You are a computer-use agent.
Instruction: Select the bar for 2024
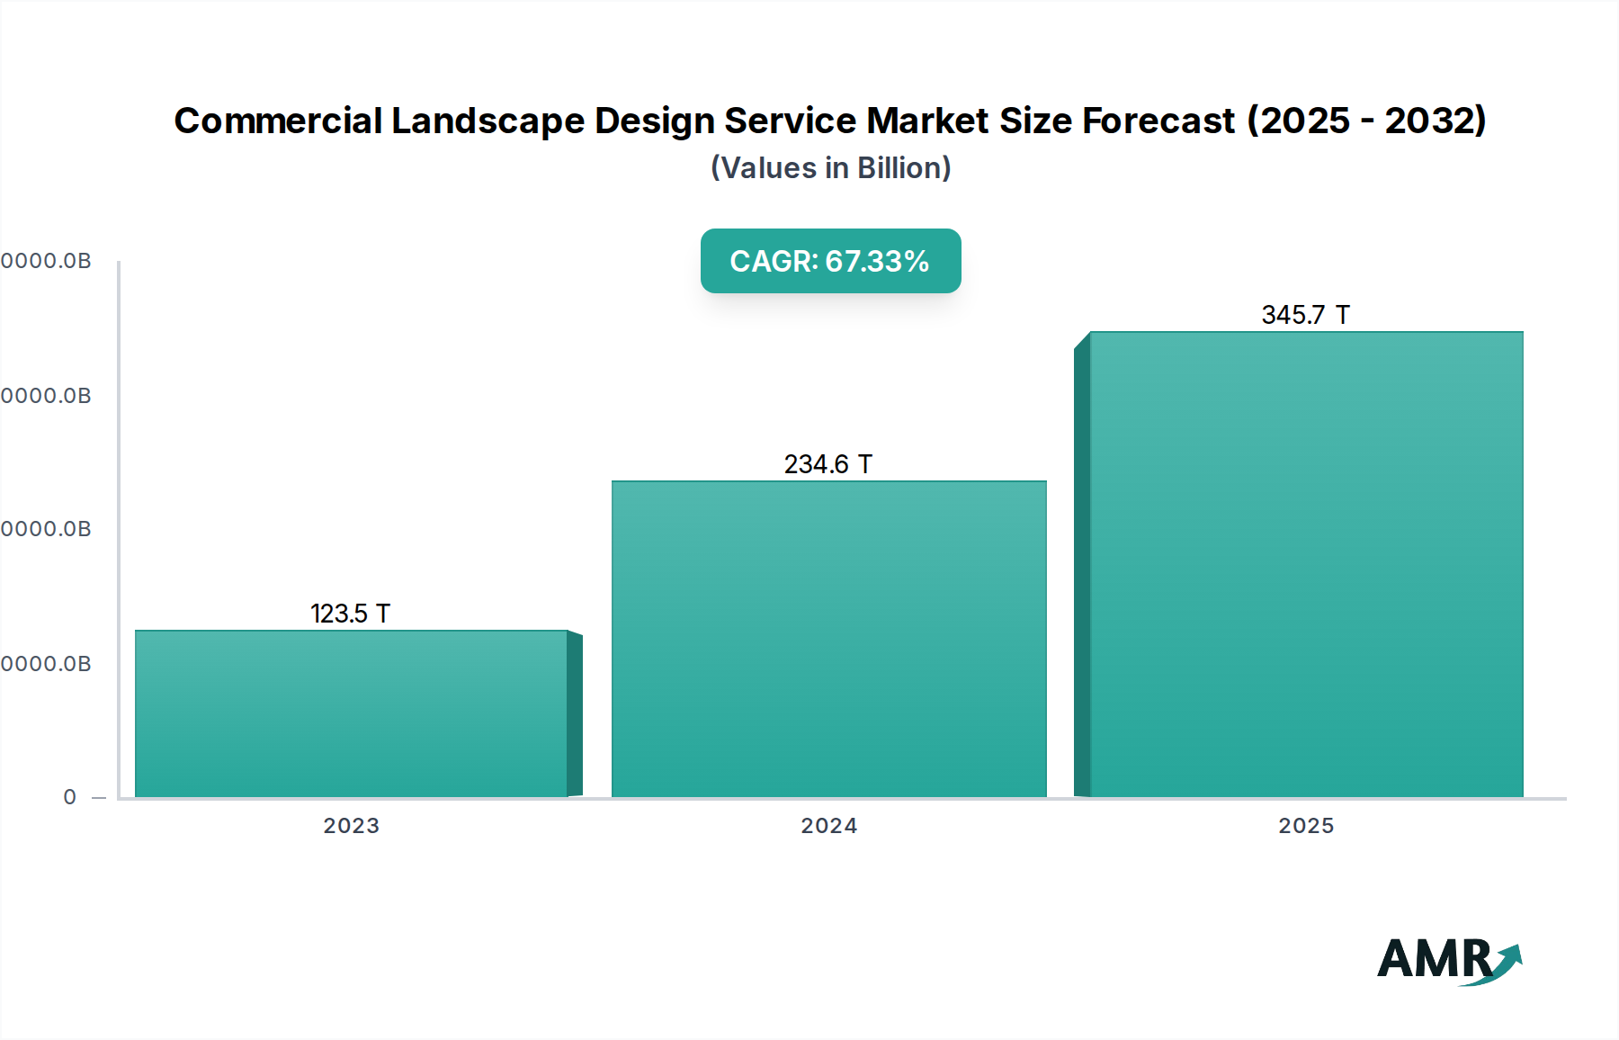828,639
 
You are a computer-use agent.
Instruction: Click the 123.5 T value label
350,614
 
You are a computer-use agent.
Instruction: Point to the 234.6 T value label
827,464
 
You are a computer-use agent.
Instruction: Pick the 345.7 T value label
1305,315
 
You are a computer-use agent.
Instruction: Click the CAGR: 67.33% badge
830,261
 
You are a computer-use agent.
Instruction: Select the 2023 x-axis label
351,826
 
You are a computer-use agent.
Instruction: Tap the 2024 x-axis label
828,826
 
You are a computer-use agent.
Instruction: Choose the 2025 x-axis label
1306,826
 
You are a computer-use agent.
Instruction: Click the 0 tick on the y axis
70,797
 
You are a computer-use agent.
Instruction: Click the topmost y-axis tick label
46,261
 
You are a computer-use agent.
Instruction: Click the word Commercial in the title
278,121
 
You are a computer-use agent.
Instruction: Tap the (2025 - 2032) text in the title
1365,121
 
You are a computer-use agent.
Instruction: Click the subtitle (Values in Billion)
830,168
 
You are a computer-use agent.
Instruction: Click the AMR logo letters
1434,959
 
